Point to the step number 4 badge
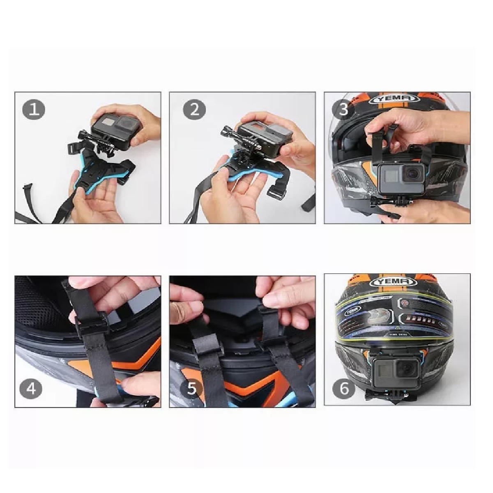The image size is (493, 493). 31,388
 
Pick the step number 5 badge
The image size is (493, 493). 191,388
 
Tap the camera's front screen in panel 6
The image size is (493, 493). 384,370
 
